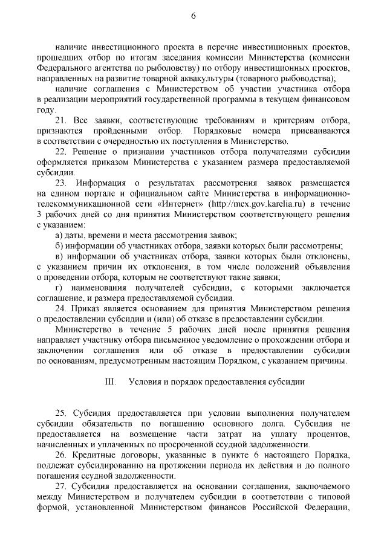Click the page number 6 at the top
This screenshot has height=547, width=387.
(193, 16)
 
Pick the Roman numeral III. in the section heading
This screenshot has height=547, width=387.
(110, 382)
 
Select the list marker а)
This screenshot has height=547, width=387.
(59, 235)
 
